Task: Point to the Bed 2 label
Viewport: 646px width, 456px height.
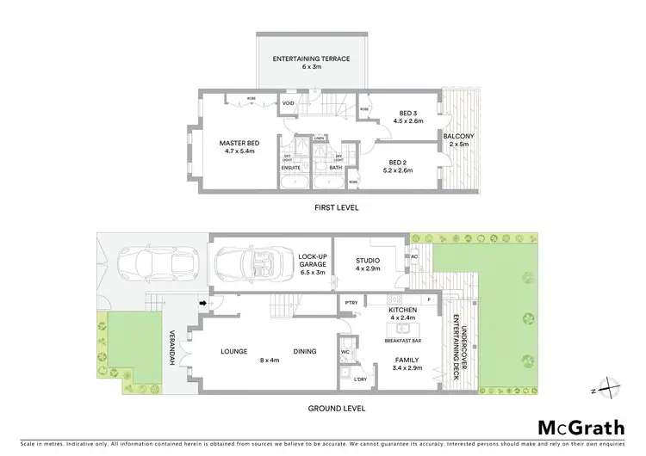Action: tap(397, 163)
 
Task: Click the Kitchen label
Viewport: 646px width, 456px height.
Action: tap(402, 309)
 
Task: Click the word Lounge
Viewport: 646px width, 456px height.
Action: tap(234, 350)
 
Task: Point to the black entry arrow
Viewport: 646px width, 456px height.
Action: tap(204, 302)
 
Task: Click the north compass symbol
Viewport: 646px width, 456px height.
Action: tap(609, 389)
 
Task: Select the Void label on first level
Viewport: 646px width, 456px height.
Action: tap(288, 106)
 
